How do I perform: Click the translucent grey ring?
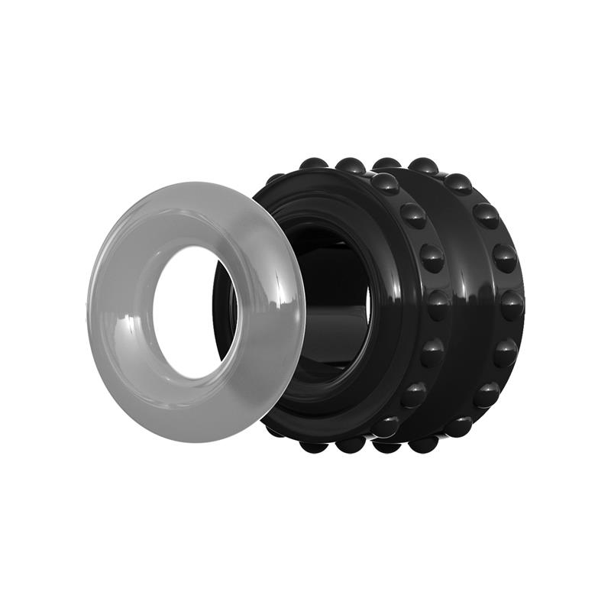[122, 252]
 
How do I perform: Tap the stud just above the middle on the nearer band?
[432, 257]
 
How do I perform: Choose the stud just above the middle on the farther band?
[504, 257]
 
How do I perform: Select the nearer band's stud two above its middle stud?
[413, 215]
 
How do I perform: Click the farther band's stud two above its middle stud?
[485, 215]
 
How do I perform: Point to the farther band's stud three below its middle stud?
[459, 426]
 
